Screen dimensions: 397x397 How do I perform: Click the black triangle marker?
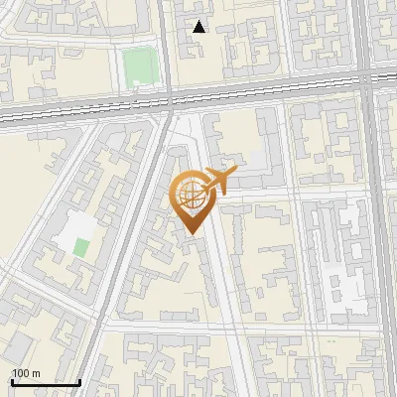coord(199,27)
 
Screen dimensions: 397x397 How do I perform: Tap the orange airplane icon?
coord(221,180)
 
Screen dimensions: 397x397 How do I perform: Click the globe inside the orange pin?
coord(189,193)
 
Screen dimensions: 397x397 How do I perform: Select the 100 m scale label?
coord(26,373)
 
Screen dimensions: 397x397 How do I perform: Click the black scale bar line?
coord(46,382)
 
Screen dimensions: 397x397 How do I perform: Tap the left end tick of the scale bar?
coord(12,380)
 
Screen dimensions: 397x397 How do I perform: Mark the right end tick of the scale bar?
coord(79,380)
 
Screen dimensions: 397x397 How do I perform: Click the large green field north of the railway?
coord(140,66)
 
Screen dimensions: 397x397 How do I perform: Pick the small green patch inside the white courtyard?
coord(81,247)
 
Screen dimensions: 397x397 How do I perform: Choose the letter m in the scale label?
coord(36,373)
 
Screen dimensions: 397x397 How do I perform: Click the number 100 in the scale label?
coord(21,373)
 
